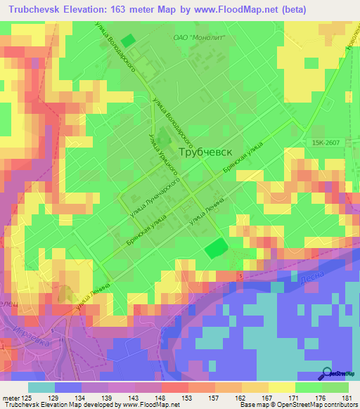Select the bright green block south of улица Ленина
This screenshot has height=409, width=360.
click(216, 247)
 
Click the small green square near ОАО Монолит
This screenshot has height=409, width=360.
click(128, 41)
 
